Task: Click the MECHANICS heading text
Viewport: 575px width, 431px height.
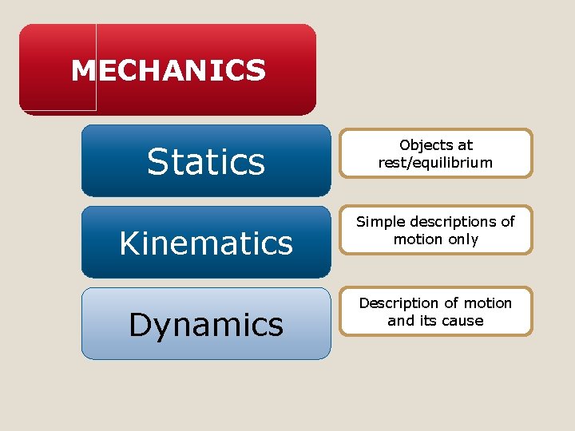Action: pos(168,70)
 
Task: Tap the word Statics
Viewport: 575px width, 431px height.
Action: pos(206,162)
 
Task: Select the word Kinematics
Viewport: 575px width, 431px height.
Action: pos(206,243)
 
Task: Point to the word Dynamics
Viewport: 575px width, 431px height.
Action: pos(206,325)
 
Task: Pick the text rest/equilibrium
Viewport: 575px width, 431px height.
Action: pos(435,163)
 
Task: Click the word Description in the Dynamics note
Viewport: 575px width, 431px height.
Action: pos(399,303)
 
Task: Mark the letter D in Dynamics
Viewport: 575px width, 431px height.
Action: pos(139,325)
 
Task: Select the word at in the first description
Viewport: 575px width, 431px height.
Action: pos(465,145)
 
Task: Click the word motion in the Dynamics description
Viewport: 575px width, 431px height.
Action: pos(487,303)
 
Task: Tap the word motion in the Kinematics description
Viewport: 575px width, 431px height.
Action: pos(418,239)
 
